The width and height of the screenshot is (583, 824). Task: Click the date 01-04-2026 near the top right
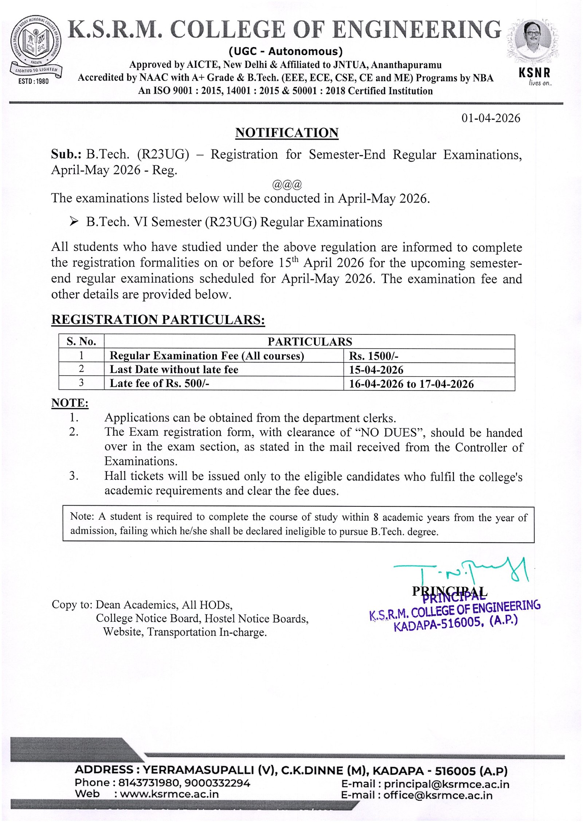click(x=490, y=118)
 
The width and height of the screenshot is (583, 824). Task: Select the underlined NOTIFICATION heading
click(x=287, y=133)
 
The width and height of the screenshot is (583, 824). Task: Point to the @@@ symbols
click(x=287, y=185)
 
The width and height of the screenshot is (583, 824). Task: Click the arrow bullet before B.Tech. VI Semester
click(x=74, y=221)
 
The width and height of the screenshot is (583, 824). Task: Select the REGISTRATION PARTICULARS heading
click(x=158, y=319)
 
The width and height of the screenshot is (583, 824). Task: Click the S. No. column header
click(x=81, y=341)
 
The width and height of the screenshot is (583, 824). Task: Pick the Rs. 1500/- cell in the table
click(x=373, y=356)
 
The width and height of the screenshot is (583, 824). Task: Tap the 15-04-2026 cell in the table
click(x=376, y=370)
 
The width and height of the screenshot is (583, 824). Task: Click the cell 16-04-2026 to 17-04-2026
click(x=411, y=384)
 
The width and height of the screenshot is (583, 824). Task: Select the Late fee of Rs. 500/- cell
click(x=159, y=383)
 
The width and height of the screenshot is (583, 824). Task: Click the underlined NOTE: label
click(x=70, y=403)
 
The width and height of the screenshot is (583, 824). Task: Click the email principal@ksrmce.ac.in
click(x=446, y=784)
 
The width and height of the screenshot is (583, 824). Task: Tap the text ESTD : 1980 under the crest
click(x=34, y=81)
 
